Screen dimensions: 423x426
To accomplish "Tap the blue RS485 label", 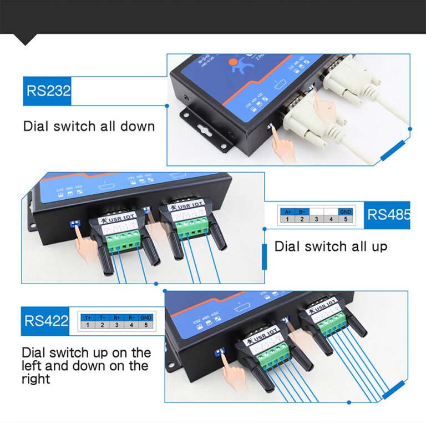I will coord(387,215).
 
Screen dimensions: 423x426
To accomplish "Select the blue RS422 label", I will coord(45,321).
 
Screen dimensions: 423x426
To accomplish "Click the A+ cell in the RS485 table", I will coord(287,212).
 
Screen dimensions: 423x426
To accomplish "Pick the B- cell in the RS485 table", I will coord(302,212).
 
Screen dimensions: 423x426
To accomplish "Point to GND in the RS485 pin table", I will coord(346,212).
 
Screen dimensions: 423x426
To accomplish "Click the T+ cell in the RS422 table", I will coord(88,317).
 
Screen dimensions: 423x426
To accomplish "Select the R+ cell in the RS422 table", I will coord(116,317).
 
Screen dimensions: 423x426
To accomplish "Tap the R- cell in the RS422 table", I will coord(131,317).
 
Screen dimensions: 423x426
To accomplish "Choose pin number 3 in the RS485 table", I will coord(316,220).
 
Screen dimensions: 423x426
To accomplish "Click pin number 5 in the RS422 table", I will coord(146,325).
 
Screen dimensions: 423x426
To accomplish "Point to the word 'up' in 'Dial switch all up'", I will coord(378,246).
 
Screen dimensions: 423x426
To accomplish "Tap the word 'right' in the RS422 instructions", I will coord(35,379).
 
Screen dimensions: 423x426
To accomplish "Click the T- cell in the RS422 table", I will coord(102,317).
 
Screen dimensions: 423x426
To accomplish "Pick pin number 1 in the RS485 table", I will coord(287,220).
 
